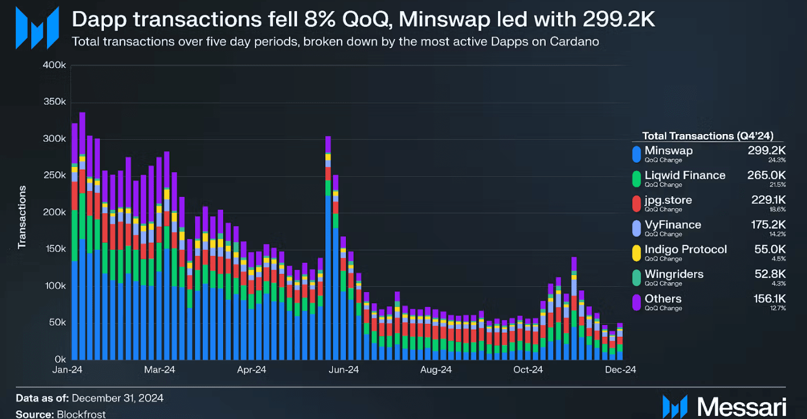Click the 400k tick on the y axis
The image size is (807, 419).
54,65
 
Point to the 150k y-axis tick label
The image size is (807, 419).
55,249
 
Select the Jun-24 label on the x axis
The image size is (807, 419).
344,370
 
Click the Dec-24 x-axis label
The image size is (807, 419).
620,370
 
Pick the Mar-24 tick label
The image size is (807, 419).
160,370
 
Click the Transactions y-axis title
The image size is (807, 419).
22,217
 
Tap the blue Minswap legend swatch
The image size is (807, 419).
636,154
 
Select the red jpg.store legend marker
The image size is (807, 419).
636,203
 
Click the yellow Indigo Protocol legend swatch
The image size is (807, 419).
636,253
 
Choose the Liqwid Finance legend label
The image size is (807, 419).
685,175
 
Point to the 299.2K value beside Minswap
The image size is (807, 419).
766,150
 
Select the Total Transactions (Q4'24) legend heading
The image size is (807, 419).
707,136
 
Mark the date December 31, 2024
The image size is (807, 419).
117,398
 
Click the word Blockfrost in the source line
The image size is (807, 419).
81,414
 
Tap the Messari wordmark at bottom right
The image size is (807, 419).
742,407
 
